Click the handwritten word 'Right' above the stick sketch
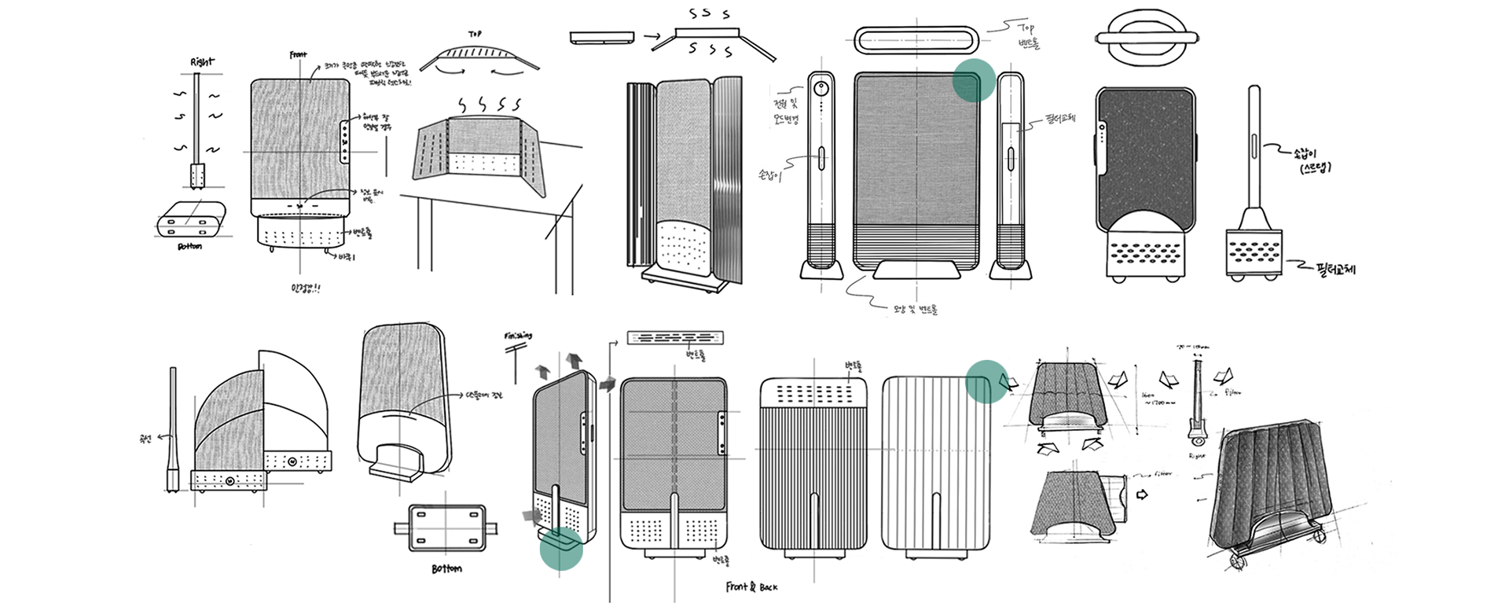coord(201,61)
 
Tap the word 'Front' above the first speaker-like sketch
coord(298,55)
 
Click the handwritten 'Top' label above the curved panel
coord(475,35)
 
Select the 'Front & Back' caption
coord(752,586)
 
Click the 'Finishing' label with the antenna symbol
coord(517,336)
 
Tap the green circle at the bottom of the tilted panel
coord(561,548)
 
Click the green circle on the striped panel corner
coord(986,381)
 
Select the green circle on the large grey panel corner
coord(975,80)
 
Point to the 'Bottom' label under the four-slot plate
coord(446,568)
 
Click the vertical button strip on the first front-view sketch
coord(344,142)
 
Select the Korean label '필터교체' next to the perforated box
coord(1335,270)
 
